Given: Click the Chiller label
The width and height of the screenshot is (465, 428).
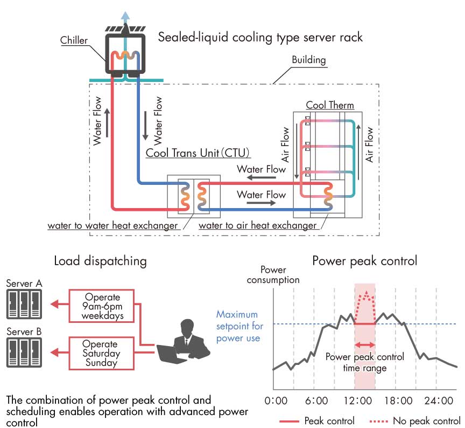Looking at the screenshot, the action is click(74, 40).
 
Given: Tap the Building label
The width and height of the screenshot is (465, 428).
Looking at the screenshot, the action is click(309, 60).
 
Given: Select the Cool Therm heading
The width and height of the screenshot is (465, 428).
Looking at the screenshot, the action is click(330, 105).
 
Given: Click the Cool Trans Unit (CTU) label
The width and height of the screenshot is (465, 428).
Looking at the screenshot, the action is click(198, 153).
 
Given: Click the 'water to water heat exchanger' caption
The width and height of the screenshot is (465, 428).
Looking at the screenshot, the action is click(112, 226).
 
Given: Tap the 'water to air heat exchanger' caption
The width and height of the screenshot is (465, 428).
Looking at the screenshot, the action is click(257, 226).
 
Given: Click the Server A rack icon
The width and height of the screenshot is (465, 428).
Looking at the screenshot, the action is click(24, 304).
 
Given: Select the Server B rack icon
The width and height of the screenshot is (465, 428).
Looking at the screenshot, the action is click(24, 353).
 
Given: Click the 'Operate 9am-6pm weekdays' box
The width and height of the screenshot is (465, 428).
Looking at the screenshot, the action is click(101, 306).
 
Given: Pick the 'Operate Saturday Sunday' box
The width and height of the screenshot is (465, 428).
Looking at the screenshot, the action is click(101, 353).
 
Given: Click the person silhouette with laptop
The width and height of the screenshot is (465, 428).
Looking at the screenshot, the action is click(184, 342).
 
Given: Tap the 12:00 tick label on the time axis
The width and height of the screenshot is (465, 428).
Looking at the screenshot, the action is click(358, 401).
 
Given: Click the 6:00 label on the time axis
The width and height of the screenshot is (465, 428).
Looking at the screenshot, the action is click(316, 401).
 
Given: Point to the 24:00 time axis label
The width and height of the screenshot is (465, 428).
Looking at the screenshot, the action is click(439, 401).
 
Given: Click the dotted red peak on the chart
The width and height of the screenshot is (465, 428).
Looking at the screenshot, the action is click(367, 293).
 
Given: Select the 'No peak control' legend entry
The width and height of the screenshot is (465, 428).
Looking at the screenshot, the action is click(415, 421).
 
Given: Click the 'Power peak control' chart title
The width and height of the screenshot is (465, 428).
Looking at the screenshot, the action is click(365, 261).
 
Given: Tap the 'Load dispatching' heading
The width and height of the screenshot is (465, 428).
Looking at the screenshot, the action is click(100, 261).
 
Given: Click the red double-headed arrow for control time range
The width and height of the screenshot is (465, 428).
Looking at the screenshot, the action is click(365, 345).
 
